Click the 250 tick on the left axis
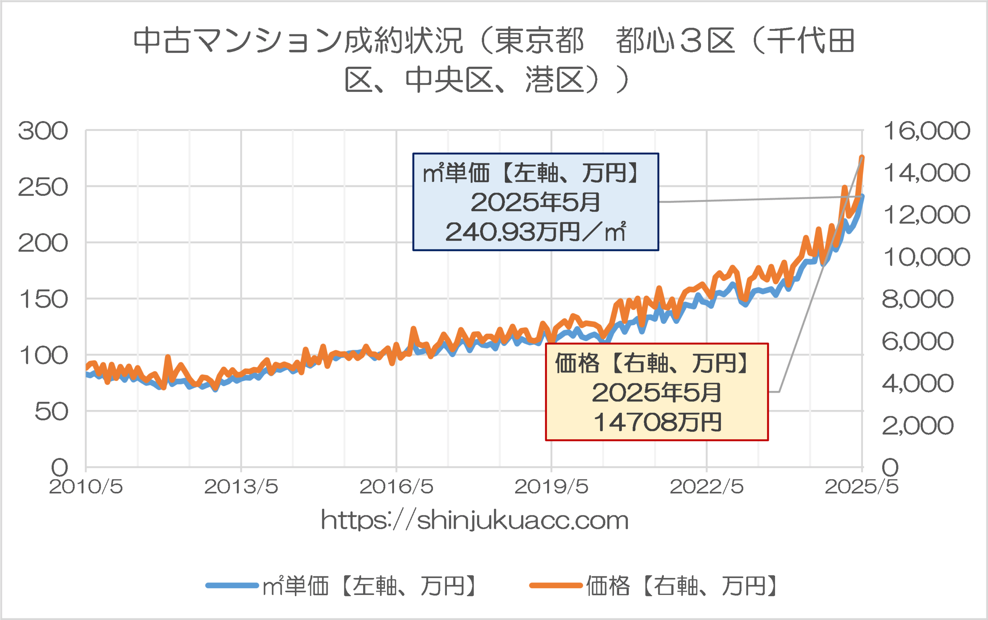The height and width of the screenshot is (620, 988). pyautogui.click(x=42, y=187)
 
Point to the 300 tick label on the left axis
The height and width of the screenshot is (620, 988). pyautogui.click(x=42, y=131)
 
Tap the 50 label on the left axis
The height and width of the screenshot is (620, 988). pyautogui.click(x=51, y=411)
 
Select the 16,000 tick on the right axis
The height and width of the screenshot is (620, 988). pyautogui.click(x=927, y=131)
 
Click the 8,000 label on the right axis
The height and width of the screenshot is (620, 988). pyautogui.click(x=917, y=299)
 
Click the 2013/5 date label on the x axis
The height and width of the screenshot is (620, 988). pyautogui.click(x=241, y=487)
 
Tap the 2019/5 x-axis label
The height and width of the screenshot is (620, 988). pyautogui.click(x=552, y=487)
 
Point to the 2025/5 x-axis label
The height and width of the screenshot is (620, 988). pyautogui.click(x=861, y=487)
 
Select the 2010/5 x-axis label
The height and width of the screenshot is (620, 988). pyautogui.click(x=86, y=487)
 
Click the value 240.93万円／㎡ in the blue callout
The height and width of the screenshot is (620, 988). pyautogui.click(x=535, y=232)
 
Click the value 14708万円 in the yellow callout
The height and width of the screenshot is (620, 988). pyautogui.click(x=657, y=422)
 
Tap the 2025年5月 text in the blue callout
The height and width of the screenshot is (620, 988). pyautogui.click(x=535, y=202)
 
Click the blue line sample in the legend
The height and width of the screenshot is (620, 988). pyautogui.click(x=232, y=586)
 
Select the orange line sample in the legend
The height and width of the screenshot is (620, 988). pyautogui.click(x=555, y=586)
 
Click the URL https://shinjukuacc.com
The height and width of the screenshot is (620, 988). pyautogui.click(x=475, y=520)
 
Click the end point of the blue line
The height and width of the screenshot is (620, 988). pyautogui.click(x=862, y=197)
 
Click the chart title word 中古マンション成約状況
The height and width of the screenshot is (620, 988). pyautogui.click(x=298, y=41)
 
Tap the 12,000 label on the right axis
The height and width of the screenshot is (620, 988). pyautogui.click(x=927, y=215)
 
